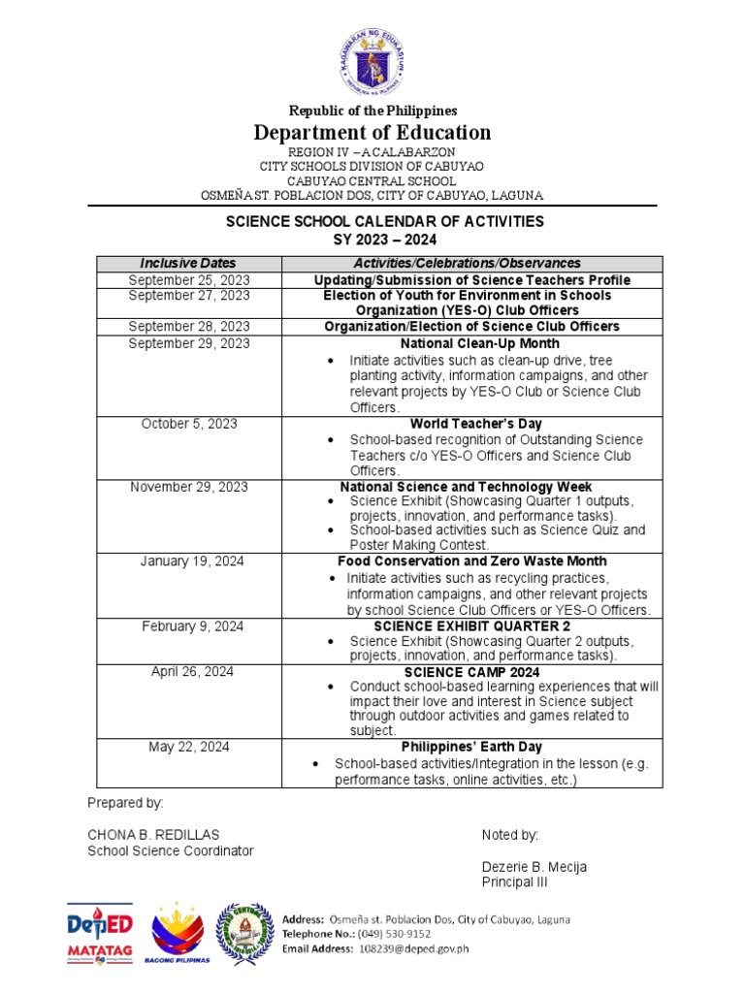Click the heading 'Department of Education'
pos(372,132)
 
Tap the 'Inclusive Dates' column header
pos(188,263)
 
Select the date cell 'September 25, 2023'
pos(188,279)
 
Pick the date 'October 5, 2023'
pos(188,424)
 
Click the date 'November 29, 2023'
pos(188,487)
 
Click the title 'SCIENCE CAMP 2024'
pos(471,672)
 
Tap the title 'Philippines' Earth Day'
pos(471,747)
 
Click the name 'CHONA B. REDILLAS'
pos(153,835)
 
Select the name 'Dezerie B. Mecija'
pos(534,866)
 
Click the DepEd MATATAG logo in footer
pos(100,934)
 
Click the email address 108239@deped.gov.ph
pos(414,949)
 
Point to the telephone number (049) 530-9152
pos(396,934)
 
